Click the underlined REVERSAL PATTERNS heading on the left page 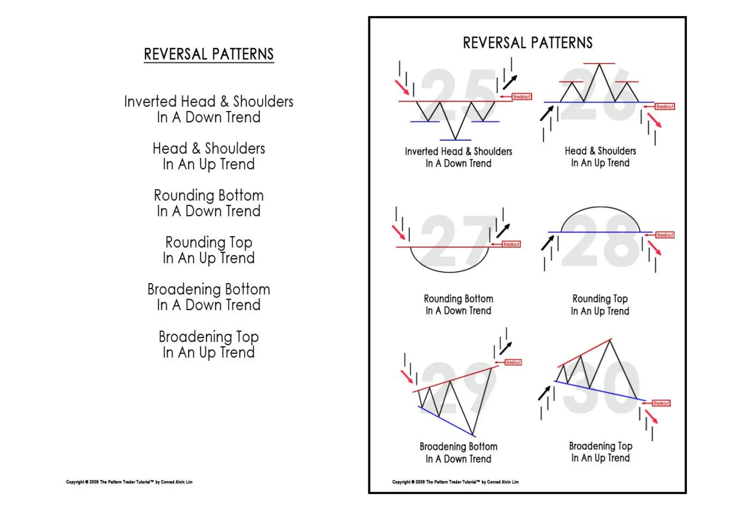pos(209,54)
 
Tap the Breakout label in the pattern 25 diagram pos(521,97)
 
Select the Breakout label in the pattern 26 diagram pos(665,106)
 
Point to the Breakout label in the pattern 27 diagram pos(511,244)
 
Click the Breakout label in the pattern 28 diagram pos(665,235)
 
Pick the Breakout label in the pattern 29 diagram pos(513,363)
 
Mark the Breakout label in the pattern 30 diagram pos(661,403)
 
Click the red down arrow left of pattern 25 pos(402,88)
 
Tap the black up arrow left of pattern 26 pos(546,113)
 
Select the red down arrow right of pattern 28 pos(654,248)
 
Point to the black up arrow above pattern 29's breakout pos(505,348)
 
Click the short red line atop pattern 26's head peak pos(599,63)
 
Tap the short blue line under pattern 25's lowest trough pos(455,140)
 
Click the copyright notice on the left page pos(129,482)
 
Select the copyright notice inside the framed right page pos(455,482)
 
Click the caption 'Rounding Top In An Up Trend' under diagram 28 pos(600,305)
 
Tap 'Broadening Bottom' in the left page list pos(209,289)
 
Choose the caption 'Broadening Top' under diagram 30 pos(600,446)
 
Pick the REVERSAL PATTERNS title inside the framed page pos(528,43)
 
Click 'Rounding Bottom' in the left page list pos(209,196)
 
